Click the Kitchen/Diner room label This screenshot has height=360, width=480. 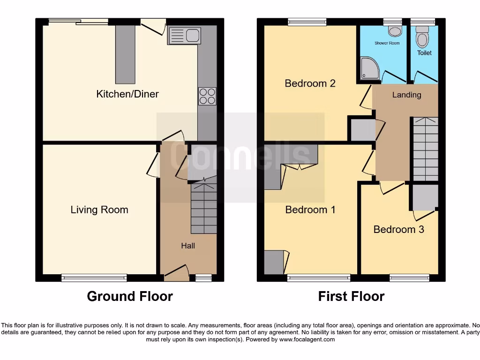point(127,94)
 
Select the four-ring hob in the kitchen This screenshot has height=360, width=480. point(207,96)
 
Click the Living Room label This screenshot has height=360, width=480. point(99,210)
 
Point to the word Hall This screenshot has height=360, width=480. point(188,246)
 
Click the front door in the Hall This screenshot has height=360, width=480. point(176,274)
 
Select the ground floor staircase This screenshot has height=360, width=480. point(204,209)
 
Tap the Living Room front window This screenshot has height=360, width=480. point(94,278)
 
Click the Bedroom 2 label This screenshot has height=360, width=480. point(310,83)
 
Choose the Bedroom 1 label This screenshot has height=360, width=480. point(310,210)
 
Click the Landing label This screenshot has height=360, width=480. point(406,95)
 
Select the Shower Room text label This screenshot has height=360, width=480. point(387,43)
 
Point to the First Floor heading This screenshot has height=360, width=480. point(351,296)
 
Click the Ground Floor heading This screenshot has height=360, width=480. point(130,296)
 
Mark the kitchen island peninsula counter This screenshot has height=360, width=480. point(125,54)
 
